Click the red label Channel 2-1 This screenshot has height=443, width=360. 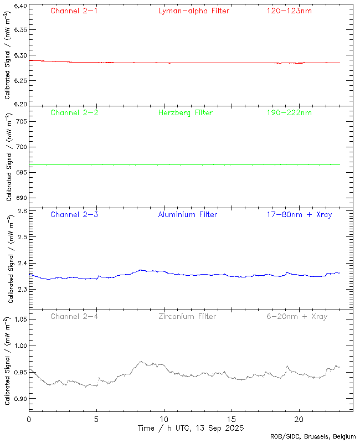(74, 11)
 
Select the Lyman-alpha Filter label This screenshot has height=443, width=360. (193, 11)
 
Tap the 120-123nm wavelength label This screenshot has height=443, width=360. (289, 11)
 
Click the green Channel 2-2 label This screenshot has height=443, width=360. (74, 112)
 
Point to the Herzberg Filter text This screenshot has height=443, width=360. (185, 112)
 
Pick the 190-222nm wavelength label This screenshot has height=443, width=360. (289, 112)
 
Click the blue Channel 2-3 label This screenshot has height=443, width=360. (74, 214)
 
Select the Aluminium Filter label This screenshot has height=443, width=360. (187, 214)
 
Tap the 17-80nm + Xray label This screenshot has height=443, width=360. (299, 214)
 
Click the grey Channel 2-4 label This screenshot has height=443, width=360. (74, 316)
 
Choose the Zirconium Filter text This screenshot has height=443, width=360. (187, 316)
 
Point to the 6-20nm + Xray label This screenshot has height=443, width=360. (296, 316)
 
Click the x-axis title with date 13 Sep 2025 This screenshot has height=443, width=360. (191, 428)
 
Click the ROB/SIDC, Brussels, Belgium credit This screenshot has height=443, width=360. (313, 436)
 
